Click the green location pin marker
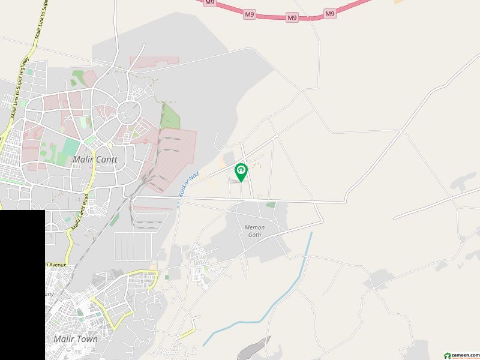tap(241, 172)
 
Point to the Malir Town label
tap(76, 339)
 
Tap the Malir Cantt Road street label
tap(80, 211)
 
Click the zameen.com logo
tap(460, 355)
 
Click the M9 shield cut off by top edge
tap(209, 2)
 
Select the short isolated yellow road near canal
tap(188, 332)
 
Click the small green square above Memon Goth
tap(271, 205)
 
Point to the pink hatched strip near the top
tap(154, 62)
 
